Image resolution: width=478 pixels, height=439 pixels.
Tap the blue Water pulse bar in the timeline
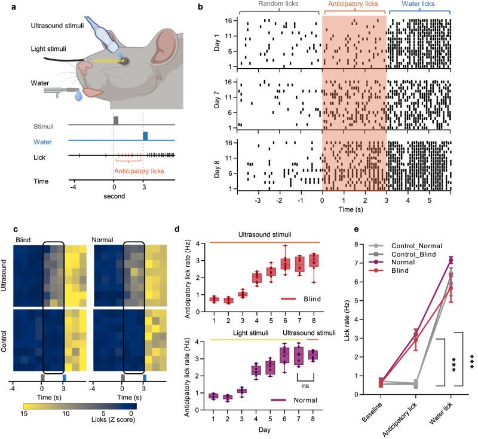pos(145,136)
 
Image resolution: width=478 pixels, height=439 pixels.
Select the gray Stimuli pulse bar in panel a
pos(116,120)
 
